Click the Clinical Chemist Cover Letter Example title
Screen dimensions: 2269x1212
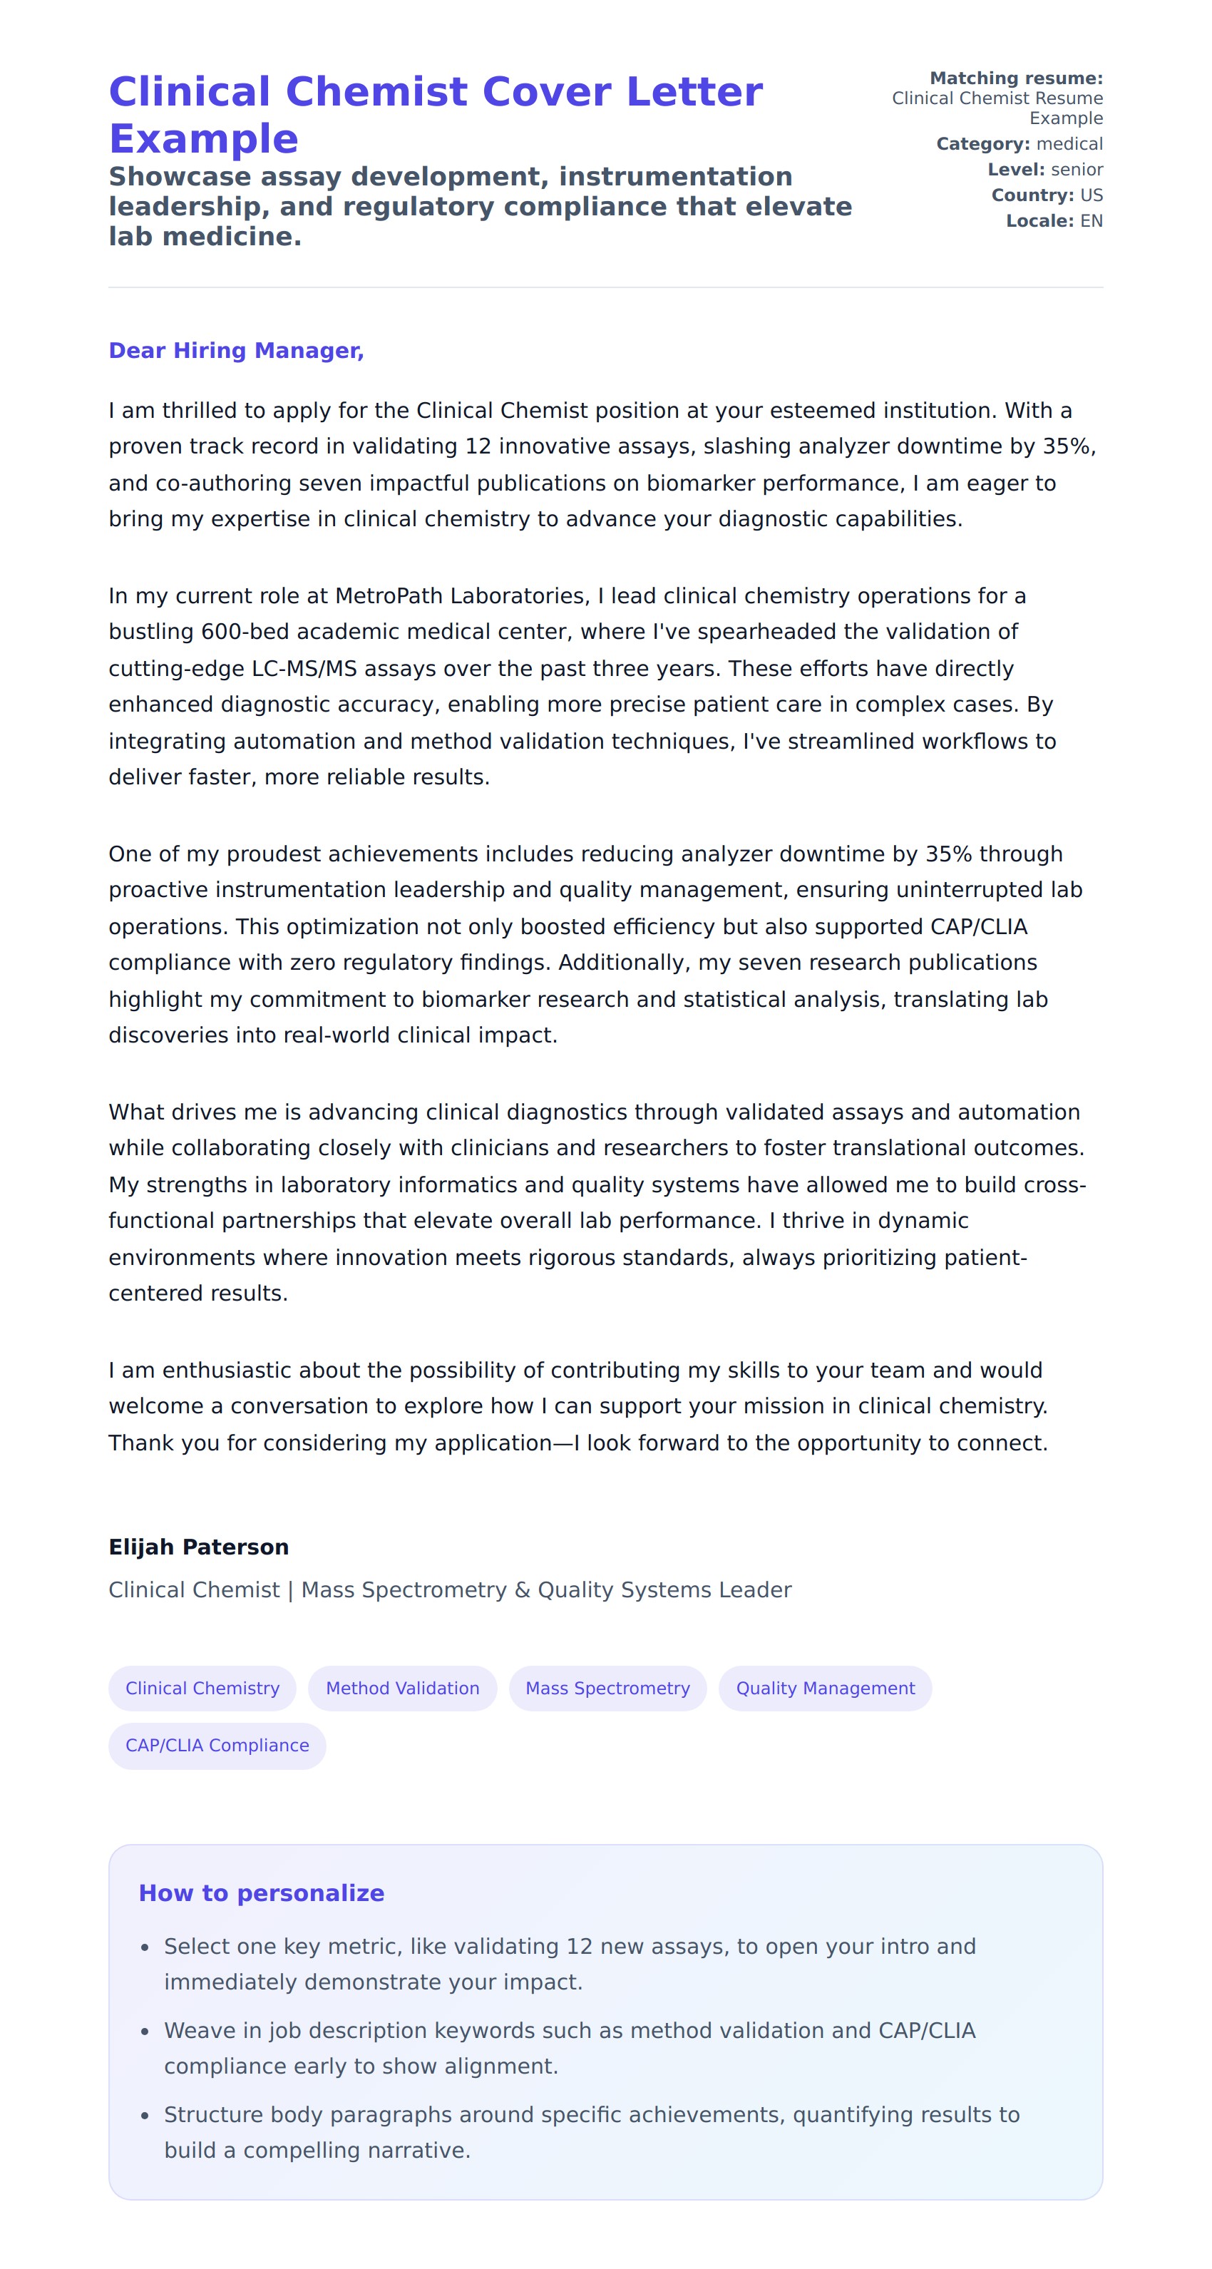coord(435,115)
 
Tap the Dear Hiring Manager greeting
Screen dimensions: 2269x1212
coord(236,351)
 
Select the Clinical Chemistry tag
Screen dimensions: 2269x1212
coord(202,1688)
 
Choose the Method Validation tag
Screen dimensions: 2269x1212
coord(403,1688)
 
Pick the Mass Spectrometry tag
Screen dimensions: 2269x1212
coord(607,1688)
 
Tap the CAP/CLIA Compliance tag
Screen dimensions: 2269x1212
coord(217,1745)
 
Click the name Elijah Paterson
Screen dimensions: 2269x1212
coord(198,1547)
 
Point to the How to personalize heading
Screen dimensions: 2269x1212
coord(262,1893)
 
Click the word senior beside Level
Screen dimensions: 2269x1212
coord(1077,169)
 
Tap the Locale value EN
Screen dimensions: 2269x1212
coord(1091,221)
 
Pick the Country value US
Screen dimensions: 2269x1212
coord(1091,195)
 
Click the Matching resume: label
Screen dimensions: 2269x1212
coord(1015,78)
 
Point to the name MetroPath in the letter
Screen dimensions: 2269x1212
coord(389,596)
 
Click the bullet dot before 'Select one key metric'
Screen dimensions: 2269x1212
coord(145,1947)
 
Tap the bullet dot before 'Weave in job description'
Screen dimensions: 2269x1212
coord(145,2031)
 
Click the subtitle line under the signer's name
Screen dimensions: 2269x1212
coord(449,1590)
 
